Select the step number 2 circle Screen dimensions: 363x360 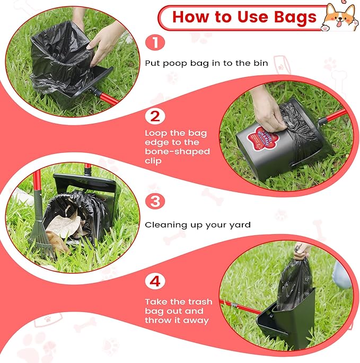click(155, 116)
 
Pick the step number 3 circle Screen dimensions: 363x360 click(155, 201)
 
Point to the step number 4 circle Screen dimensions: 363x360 click(155, 281)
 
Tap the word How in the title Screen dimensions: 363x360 click(191, 18)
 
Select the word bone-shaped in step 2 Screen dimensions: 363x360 click(178, 152)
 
